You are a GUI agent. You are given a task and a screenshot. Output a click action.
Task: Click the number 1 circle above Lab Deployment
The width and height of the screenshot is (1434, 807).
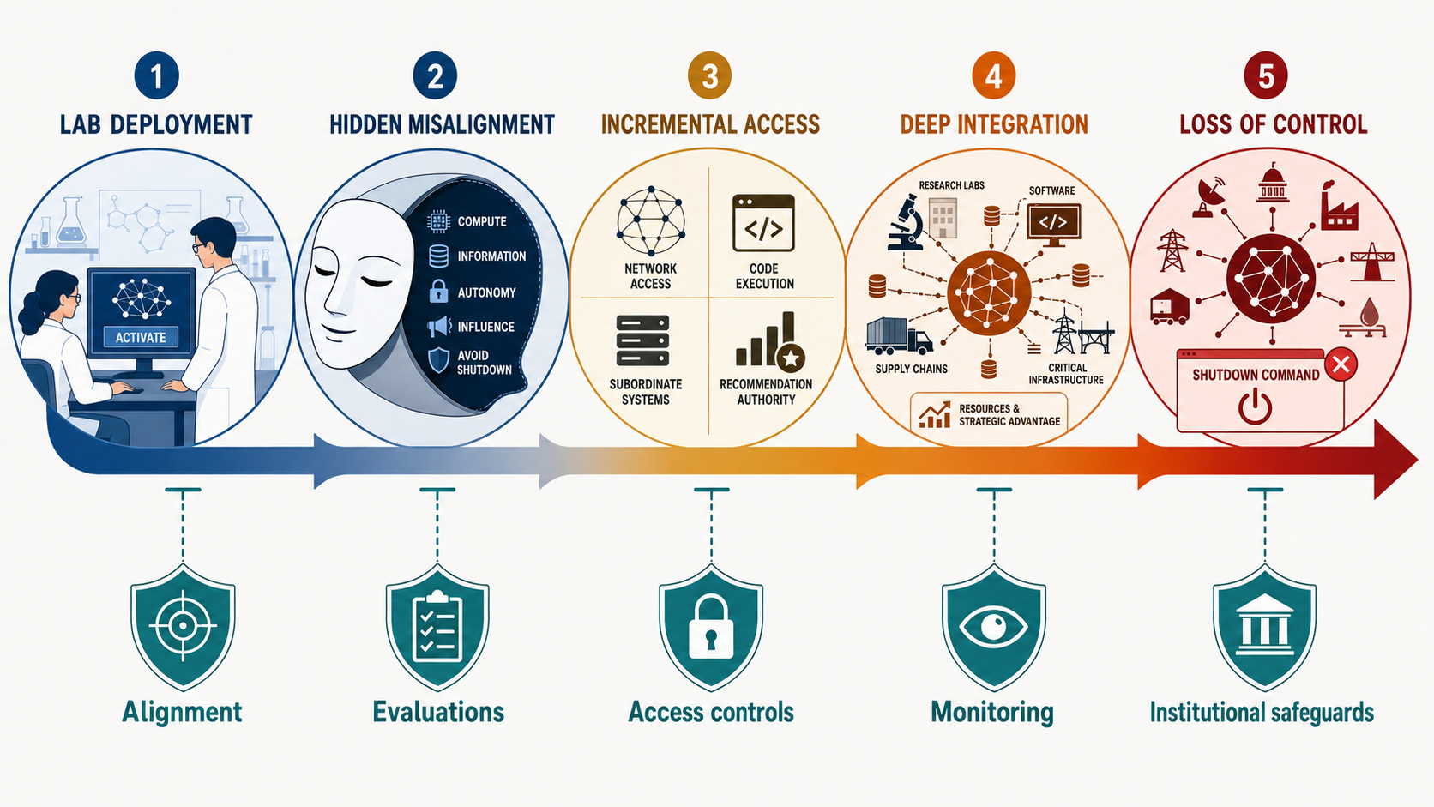[x=156, y=76]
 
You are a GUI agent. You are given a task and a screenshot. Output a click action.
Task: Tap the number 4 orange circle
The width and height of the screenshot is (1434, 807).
[x=993, y=76]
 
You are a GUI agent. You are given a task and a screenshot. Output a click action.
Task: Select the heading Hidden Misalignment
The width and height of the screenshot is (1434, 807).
[x=442, y=125]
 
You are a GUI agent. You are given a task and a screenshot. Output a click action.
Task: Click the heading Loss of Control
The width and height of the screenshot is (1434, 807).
[x=1274, y=125]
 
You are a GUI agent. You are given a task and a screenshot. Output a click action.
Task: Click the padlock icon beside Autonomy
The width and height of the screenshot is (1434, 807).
[x=438, y=292]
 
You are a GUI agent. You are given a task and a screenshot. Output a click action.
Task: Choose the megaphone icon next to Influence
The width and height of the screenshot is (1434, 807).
[x=439, y=327]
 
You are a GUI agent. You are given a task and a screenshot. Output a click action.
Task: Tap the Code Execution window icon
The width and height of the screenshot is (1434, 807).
[x=763, y=223]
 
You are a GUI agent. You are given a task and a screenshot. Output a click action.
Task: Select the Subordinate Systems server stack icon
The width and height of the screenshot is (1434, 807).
[x=642, y=340]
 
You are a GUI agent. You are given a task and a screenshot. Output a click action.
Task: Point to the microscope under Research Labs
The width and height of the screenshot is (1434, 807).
[x=905, y=223]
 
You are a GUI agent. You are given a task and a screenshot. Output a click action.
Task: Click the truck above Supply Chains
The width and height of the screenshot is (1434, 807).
[x=899, y=336]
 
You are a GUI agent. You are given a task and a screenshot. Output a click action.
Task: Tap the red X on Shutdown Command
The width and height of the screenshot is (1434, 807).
[x=1341, y=364]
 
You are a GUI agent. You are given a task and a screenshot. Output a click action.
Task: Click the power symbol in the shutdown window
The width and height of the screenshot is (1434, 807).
[x=1255, y=407]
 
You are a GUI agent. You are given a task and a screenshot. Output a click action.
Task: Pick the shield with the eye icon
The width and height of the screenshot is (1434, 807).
[x=993, y=627]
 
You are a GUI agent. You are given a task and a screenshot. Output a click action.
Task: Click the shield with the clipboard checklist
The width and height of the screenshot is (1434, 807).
[x=437, y=627]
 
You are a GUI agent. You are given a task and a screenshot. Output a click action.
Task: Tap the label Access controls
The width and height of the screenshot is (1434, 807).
[x=711, y=712]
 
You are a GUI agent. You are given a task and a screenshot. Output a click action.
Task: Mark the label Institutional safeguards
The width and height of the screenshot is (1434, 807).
[x=1262, y=713]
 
